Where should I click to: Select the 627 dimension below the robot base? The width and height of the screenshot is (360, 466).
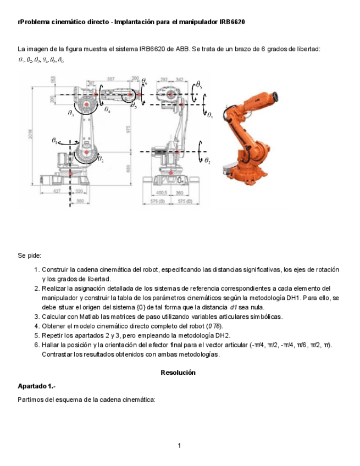pyautogui.click(x=57, y=191)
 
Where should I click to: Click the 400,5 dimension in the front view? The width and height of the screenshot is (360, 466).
pyautogui.click(x=161, y=193)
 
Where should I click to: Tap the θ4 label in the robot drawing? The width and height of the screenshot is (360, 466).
pyautogui.click(x=107, y=111)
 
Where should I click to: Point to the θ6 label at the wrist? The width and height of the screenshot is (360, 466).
pyautogui.click(x=144, y=81)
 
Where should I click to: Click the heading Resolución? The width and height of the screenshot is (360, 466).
pyautogui.click(x=179, y=372)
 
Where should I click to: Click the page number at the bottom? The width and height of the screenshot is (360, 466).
pyautogui.click(x=180, y=445)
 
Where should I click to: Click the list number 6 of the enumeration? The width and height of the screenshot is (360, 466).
pyautogui.click(x=36, y=345)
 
